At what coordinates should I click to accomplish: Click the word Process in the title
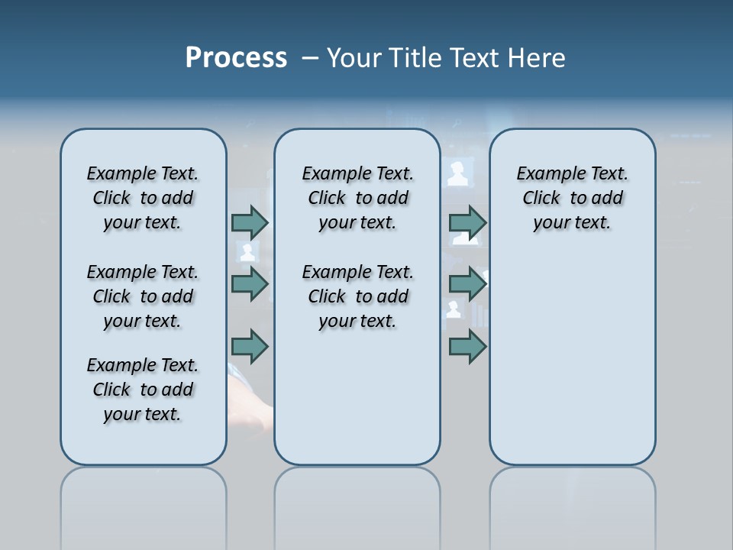(236, 58)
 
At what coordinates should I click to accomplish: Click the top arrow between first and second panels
(250, 222)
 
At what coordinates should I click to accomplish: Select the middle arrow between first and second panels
(250, 284)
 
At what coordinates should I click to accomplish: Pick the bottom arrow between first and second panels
(250, 346)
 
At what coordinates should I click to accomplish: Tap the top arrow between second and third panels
(467, 222)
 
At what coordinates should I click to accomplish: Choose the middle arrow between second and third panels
(467, 284)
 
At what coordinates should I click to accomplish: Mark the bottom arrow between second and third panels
(467, 346)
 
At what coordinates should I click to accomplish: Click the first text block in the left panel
(143, 198)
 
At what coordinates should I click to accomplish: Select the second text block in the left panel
(143, 296)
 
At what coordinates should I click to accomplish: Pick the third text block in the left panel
(143, 390)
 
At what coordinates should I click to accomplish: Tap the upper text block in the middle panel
(357, 198)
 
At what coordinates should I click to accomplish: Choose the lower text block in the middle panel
(357, 296)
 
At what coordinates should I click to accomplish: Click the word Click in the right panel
(541, 198)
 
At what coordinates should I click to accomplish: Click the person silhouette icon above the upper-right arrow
(458, 173)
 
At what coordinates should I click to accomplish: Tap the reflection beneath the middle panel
(357, 504)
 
